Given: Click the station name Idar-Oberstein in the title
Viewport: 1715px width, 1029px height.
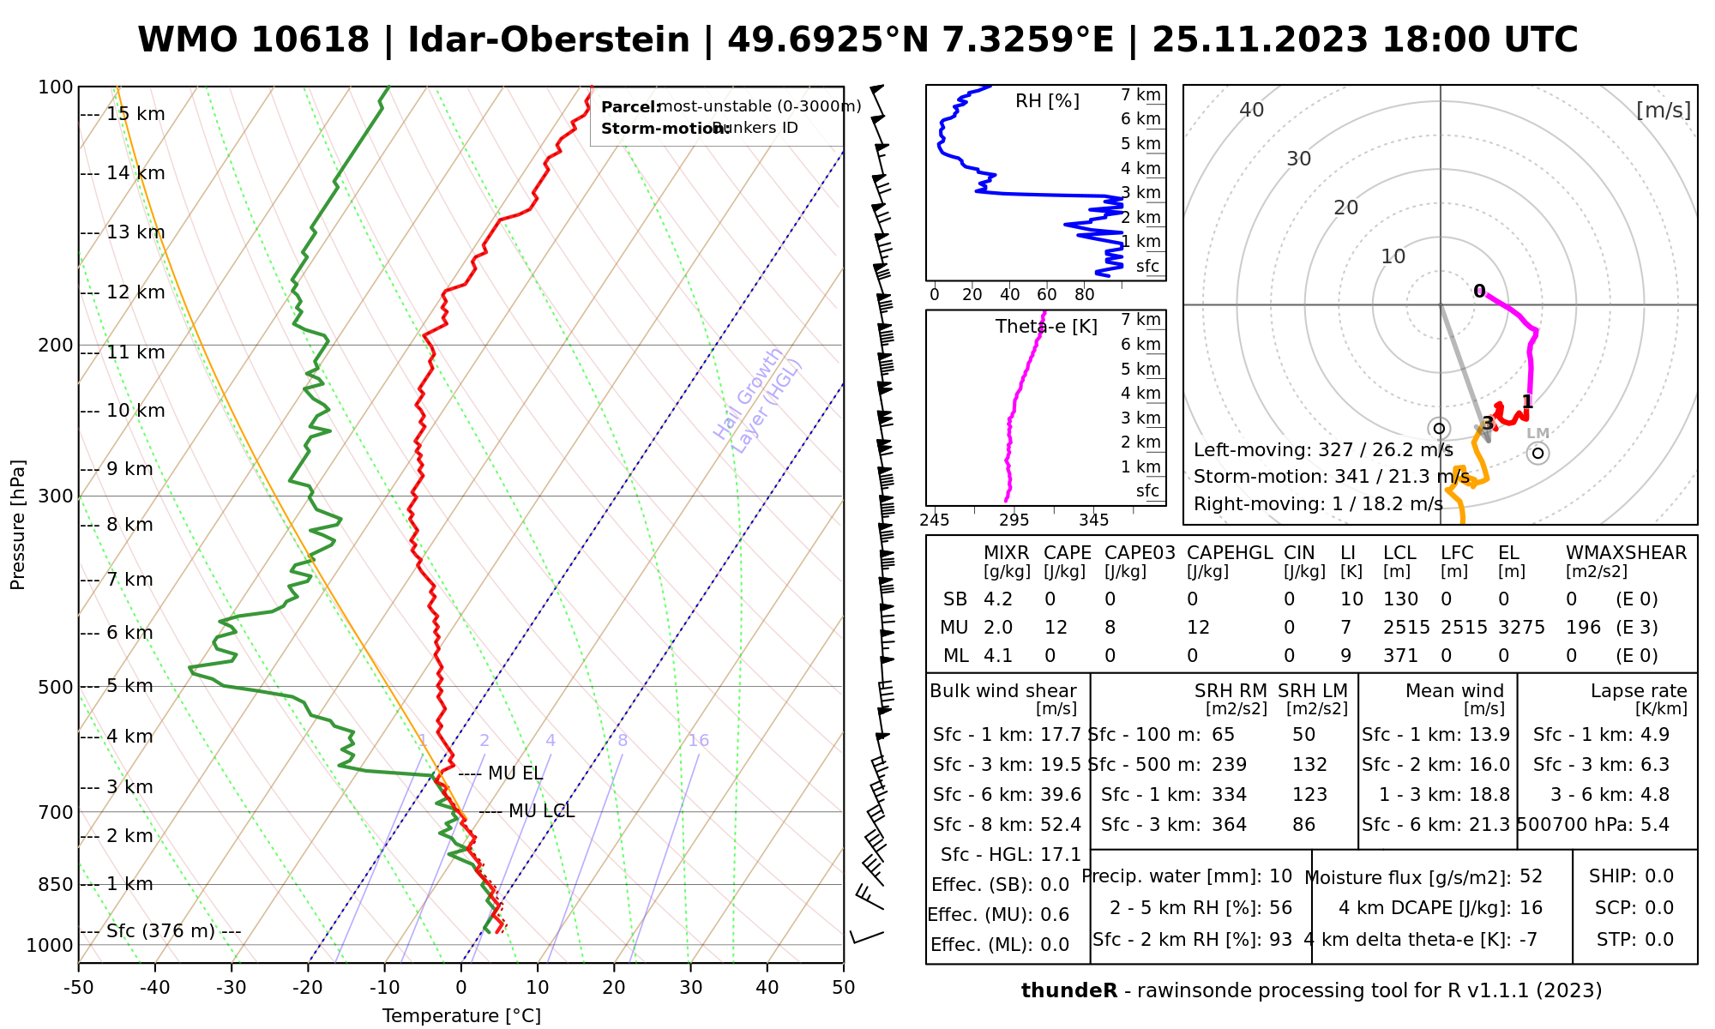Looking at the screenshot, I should (x=549, y=40).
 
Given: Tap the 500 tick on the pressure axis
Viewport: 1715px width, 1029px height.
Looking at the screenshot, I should (x=56, y=687).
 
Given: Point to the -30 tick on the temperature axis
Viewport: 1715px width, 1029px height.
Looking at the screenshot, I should (x=232, y=988).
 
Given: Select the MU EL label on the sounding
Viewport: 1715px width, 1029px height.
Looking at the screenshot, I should (x=514, y=773).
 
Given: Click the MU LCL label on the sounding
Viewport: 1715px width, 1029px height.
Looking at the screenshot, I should (x=541, y=811).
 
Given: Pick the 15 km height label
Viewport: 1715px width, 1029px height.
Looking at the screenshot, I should (x=135, y=114).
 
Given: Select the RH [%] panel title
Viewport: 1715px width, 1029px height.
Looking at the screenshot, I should (x=1047, y=101).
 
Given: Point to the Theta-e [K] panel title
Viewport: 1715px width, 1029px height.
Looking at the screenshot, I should (x=1046, y=327).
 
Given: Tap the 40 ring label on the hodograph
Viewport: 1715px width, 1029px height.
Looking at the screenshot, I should (x=1252, y=110).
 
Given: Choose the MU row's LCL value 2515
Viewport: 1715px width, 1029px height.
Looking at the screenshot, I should (x=1406, y=628).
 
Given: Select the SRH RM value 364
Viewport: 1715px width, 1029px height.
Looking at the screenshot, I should (x=1230, y=825).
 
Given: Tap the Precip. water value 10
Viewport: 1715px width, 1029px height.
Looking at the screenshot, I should (x=1280, y=876).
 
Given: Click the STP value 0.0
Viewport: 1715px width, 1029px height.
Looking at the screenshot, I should (x=1659, y=940).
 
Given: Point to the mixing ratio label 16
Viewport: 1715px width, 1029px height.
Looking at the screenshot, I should (x=698, y=741).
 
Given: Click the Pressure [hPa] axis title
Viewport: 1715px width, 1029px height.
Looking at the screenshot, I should (x=18, y=525).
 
